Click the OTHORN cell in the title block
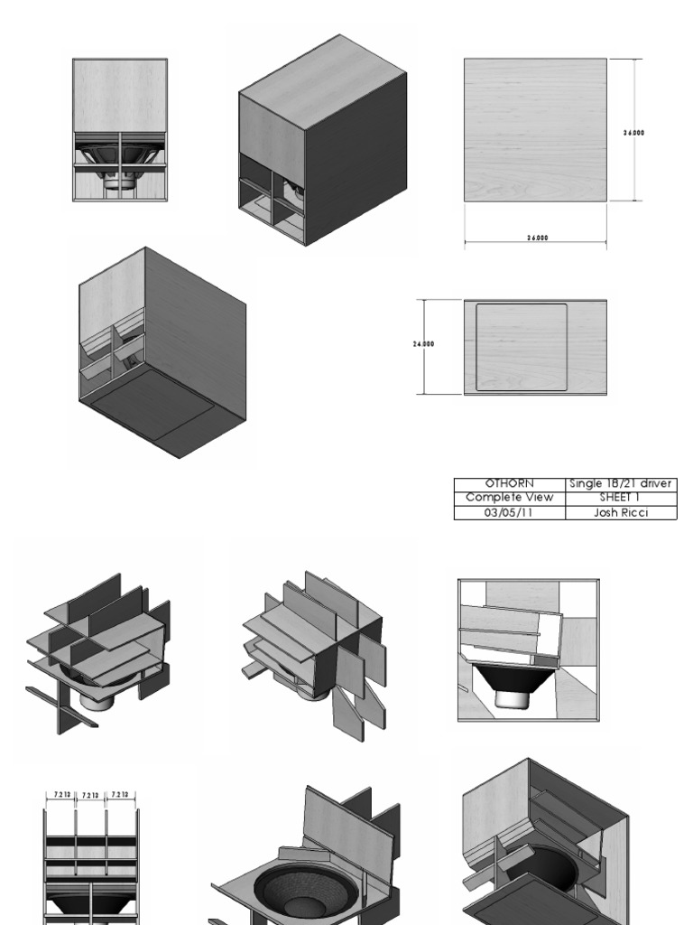[x=509, y=483]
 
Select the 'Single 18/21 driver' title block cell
[x=620, y=483]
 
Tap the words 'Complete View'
[x=509, y=498]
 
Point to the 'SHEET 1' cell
[x=620, y=498]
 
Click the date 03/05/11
[x=509, y=512]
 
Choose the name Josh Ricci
[x=620, y=512]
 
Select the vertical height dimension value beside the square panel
[x=633, y=133]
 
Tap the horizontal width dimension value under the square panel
[x=536, y=238]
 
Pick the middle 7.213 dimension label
[x=91, y=796]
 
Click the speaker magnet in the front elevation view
[x=119, y=182]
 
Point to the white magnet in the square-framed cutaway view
[x=511, y=697]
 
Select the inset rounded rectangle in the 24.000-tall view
[x=522, y=347]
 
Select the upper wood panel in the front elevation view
[x=119, y=95]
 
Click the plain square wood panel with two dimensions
[x=535, y=129]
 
